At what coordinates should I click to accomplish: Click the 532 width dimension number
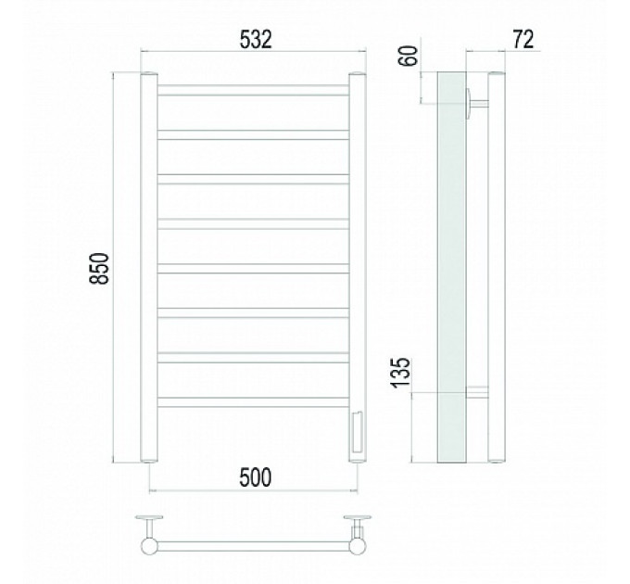click(x=256, y=39)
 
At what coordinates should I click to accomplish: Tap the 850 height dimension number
click(x=99, y=269)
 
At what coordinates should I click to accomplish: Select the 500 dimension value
click(x=255, y=477)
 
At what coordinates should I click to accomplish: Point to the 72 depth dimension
click(x=523, y=39)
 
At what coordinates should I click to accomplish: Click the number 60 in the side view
click(x=409, y=56)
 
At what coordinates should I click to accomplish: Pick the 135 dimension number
click(x=400, y=373)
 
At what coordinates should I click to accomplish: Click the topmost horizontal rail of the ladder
click(x=253, y=90)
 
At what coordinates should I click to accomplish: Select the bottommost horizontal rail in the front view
click(x=253, y=402)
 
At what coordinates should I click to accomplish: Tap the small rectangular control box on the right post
click(x=358, y=431)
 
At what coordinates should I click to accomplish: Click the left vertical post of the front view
click(x=149, y=268)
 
